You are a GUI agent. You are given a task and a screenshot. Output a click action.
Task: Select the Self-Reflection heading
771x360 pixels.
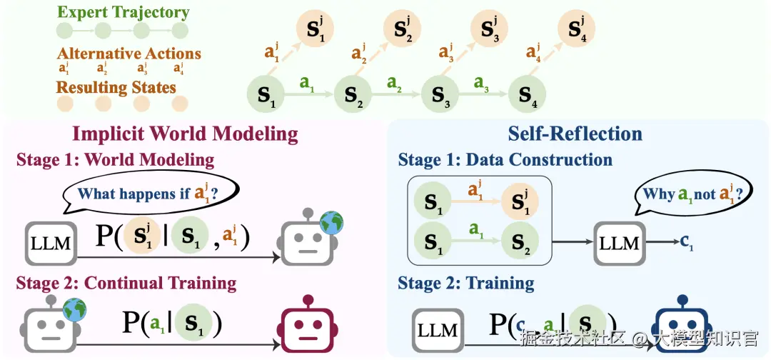tap(575, 134)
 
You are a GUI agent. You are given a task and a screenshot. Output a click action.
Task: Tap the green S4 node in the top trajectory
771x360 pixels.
tap(526, 95)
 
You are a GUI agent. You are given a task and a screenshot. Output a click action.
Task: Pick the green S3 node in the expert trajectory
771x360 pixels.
tap(439, 95)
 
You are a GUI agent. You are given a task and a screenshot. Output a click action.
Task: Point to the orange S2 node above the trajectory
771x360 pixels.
tap(402, 29)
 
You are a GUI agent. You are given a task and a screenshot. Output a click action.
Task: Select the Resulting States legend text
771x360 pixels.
tap(116, 88)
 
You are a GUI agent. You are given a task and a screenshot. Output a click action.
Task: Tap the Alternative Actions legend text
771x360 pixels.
tap(128, 54)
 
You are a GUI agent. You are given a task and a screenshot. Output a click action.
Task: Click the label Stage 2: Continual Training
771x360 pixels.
tap(126, 283)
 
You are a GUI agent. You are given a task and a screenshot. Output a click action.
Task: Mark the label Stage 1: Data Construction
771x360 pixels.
tap(505, 159)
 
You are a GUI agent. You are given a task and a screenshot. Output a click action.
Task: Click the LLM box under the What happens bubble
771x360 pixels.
tap(51, 244)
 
